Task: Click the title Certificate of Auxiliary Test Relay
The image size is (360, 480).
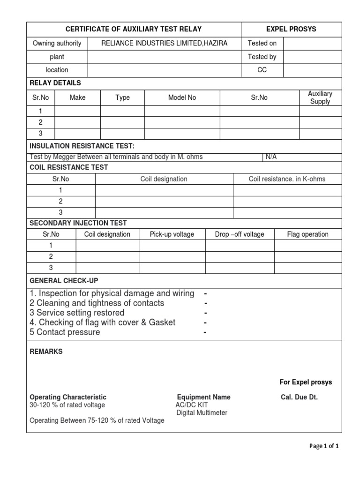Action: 134,29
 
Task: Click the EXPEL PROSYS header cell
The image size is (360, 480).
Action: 291,29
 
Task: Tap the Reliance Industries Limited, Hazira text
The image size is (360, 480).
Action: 165,44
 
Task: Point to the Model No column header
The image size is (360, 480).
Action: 182,97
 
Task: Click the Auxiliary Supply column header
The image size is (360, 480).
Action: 320,97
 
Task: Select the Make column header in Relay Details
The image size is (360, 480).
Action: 77,97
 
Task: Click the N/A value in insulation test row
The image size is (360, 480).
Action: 271,157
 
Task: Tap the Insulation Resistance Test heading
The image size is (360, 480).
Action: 82,146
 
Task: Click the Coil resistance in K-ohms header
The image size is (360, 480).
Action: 287,179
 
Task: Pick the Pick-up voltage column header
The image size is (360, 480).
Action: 172,234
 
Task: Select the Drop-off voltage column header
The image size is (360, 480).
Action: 240,234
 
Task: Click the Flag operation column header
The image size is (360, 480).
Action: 307,234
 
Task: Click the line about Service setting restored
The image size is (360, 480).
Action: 77,313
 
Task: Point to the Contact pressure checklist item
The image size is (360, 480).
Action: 65,332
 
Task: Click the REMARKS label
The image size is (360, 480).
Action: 46,352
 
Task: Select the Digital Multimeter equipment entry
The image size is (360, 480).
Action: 202,412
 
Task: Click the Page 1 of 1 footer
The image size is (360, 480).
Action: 324,446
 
